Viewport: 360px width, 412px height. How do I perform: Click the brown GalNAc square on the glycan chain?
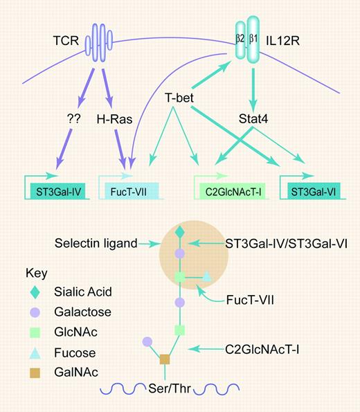(165, 359)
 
